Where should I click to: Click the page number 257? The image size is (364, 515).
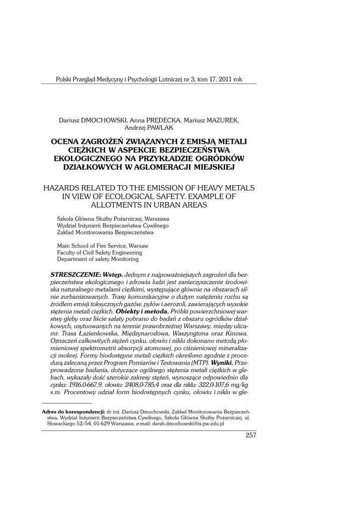[x=251, y=435]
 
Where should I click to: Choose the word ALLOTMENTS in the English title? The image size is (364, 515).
[x=116, y=205]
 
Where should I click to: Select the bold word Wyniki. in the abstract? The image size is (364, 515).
[x=222, y=362]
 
